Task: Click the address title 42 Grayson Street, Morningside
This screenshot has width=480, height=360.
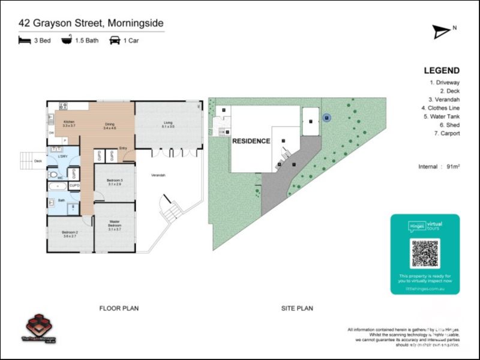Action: point(91,23)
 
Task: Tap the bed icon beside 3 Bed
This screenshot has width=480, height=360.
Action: point(24,41)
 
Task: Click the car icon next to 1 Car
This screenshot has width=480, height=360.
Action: point(114,41)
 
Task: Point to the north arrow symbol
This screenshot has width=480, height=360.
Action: point(443,32)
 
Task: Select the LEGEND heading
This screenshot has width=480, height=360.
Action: point(442,70)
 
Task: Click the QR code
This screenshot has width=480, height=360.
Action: point(425,253)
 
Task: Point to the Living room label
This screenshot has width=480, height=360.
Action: point(167,124)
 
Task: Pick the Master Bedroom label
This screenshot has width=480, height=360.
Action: point(115,225)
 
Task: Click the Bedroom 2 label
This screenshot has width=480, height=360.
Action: point(70,235)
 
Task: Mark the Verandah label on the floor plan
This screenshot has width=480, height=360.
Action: point(158,175)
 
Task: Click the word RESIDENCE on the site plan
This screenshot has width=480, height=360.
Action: point(251,141)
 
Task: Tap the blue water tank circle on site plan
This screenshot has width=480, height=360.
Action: point(326,118)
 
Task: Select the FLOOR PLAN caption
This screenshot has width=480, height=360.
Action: point(119,308)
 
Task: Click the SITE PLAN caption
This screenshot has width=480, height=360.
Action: point(297,308)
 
